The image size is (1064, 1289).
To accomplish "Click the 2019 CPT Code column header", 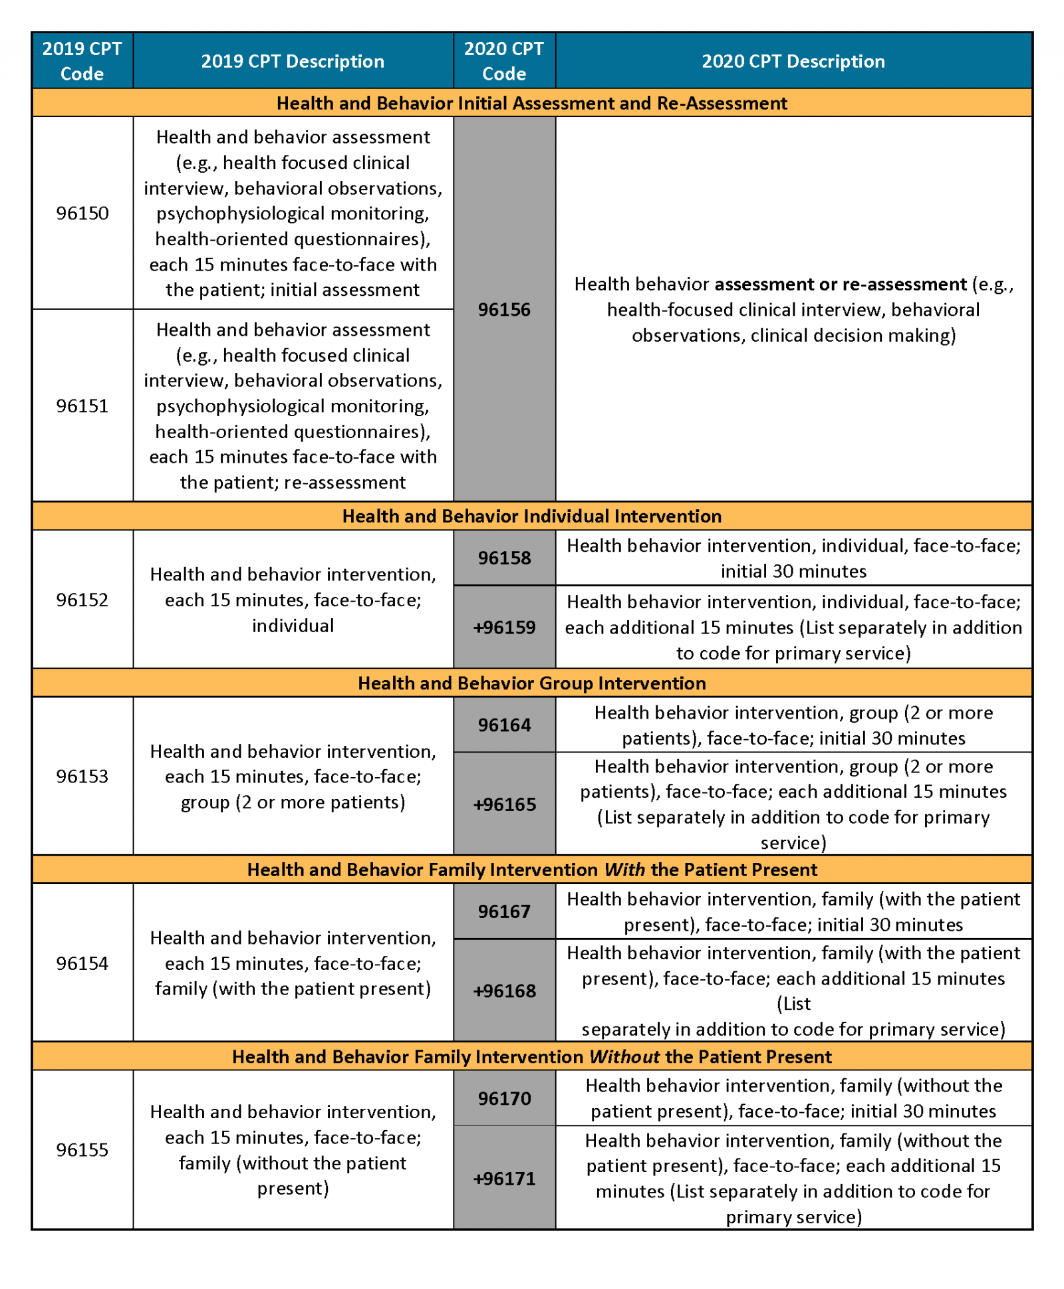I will pyautogui.click(x=82, y=60).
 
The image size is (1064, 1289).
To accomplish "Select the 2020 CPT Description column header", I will pyautogui.click(x=793, y=61).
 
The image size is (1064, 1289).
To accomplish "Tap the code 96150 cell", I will pyautogui.click(x=82, y=213).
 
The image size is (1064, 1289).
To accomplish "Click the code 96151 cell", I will pyautogui.click(x=82, y=406).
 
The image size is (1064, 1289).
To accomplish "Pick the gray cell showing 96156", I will pyautogui.click(x=504, y=309).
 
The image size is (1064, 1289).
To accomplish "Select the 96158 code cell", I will pyautogui.click(x=504, y=557).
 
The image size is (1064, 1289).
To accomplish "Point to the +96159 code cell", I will pyautogui.click(x=504, y=627).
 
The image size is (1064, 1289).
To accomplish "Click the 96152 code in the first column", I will pyautogui.click(x=82, y=599).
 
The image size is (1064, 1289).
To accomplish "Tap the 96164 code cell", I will pyautogui.click(x=504, y=725).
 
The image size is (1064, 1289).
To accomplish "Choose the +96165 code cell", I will pyautogui.click(x=504, y=804).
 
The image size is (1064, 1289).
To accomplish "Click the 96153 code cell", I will pyautogui.click(x=82, y=776).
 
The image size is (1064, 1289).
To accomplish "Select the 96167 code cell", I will pyautogui.click(x=504, y=911).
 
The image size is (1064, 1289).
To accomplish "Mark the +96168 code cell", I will pyautogui.click(x=504, y=991).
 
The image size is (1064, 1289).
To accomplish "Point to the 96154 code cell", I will pyautogui.click(x=82, y=963).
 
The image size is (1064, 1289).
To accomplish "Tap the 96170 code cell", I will pyautogui.click(x=504, y=1098).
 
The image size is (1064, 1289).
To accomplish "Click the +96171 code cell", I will pyautogui.click(x=504, y=1178).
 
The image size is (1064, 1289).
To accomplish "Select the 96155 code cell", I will pyautogui.click(x=82, y=1149).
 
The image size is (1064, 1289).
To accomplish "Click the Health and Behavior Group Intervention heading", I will pyautogui.click(x=531, y=683).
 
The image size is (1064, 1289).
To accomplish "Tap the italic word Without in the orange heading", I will pyautogui.click(x=624, y=1056).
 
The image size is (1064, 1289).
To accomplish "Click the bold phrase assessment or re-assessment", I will pyautogui.click(x=840, y=284).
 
